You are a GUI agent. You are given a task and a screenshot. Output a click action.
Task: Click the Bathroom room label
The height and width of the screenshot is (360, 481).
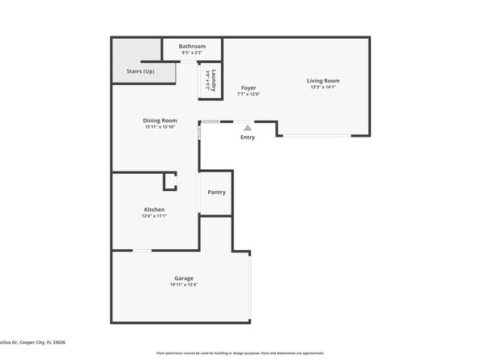(x=192, y=46)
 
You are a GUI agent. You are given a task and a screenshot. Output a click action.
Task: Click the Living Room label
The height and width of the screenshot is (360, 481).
(x=322, y=80)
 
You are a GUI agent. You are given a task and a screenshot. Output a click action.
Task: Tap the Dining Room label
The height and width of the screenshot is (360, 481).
(x=160, y=120)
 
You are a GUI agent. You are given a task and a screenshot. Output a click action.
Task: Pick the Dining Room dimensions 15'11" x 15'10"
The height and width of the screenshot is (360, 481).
(x=160, y=126)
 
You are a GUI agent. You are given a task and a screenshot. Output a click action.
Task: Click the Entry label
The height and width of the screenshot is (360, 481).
(x=248, y=137)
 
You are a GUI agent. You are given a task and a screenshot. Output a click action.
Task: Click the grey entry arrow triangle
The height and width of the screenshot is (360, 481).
(x=248, y=127)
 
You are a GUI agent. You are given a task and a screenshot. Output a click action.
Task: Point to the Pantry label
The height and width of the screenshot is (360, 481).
(x=216, y=192)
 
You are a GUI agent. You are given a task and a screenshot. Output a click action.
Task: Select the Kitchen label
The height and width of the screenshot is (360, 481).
(x=154, y=210)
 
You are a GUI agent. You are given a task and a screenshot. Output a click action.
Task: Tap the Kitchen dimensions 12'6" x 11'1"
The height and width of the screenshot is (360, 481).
(x=154, y=216)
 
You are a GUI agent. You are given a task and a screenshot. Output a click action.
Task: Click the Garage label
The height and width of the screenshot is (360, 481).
(x=184, y=278)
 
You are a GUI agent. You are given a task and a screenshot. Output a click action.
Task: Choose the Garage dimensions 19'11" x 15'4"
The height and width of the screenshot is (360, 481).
(x=184, y=285)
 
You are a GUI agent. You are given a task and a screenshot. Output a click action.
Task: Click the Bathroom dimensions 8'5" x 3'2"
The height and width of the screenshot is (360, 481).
(x=192, y=53)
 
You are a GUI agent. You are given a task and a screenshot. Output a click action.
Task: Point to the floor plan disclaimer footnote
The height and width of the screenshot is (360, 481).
(x=240, y=354)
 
